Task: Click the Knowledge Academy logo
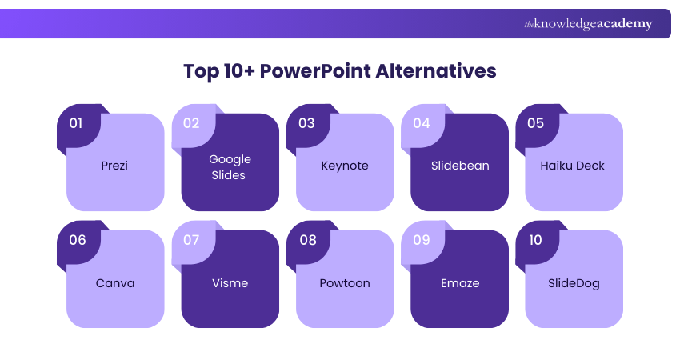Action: click(x=588, y=24)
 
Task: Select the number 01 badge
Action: click(x=77, y=123)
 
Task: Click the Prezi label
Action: click(x=114, y=166)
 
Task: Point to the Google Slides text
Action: click(x=230, y=166)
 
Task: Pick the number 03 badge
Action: click(x=306, y=123)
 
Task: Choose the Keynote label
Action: click(x=345, y=166)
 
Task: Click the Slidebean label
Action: click(x=459, y=166)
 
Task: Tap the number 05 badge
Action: click(x=535, y=123)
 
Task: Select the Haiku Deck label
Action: click(x=574, y=166)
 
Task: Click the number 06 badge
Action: click(x=77, y=240)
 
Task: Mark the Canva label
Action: click(x=114, y=282)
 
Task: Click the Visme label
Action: click(x=230, y=282)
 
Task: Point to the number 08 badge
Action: click(x=306, y=240)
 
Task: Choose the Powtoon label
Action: click(x=345, y=282)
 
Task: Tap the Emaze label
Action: click(x=459, y=282)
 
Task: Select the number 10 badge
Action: click(x=535, y=240)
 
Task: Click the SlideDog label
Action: click(x=574, y=282)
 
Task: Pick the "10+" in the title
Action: click(x=242, y=71)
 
